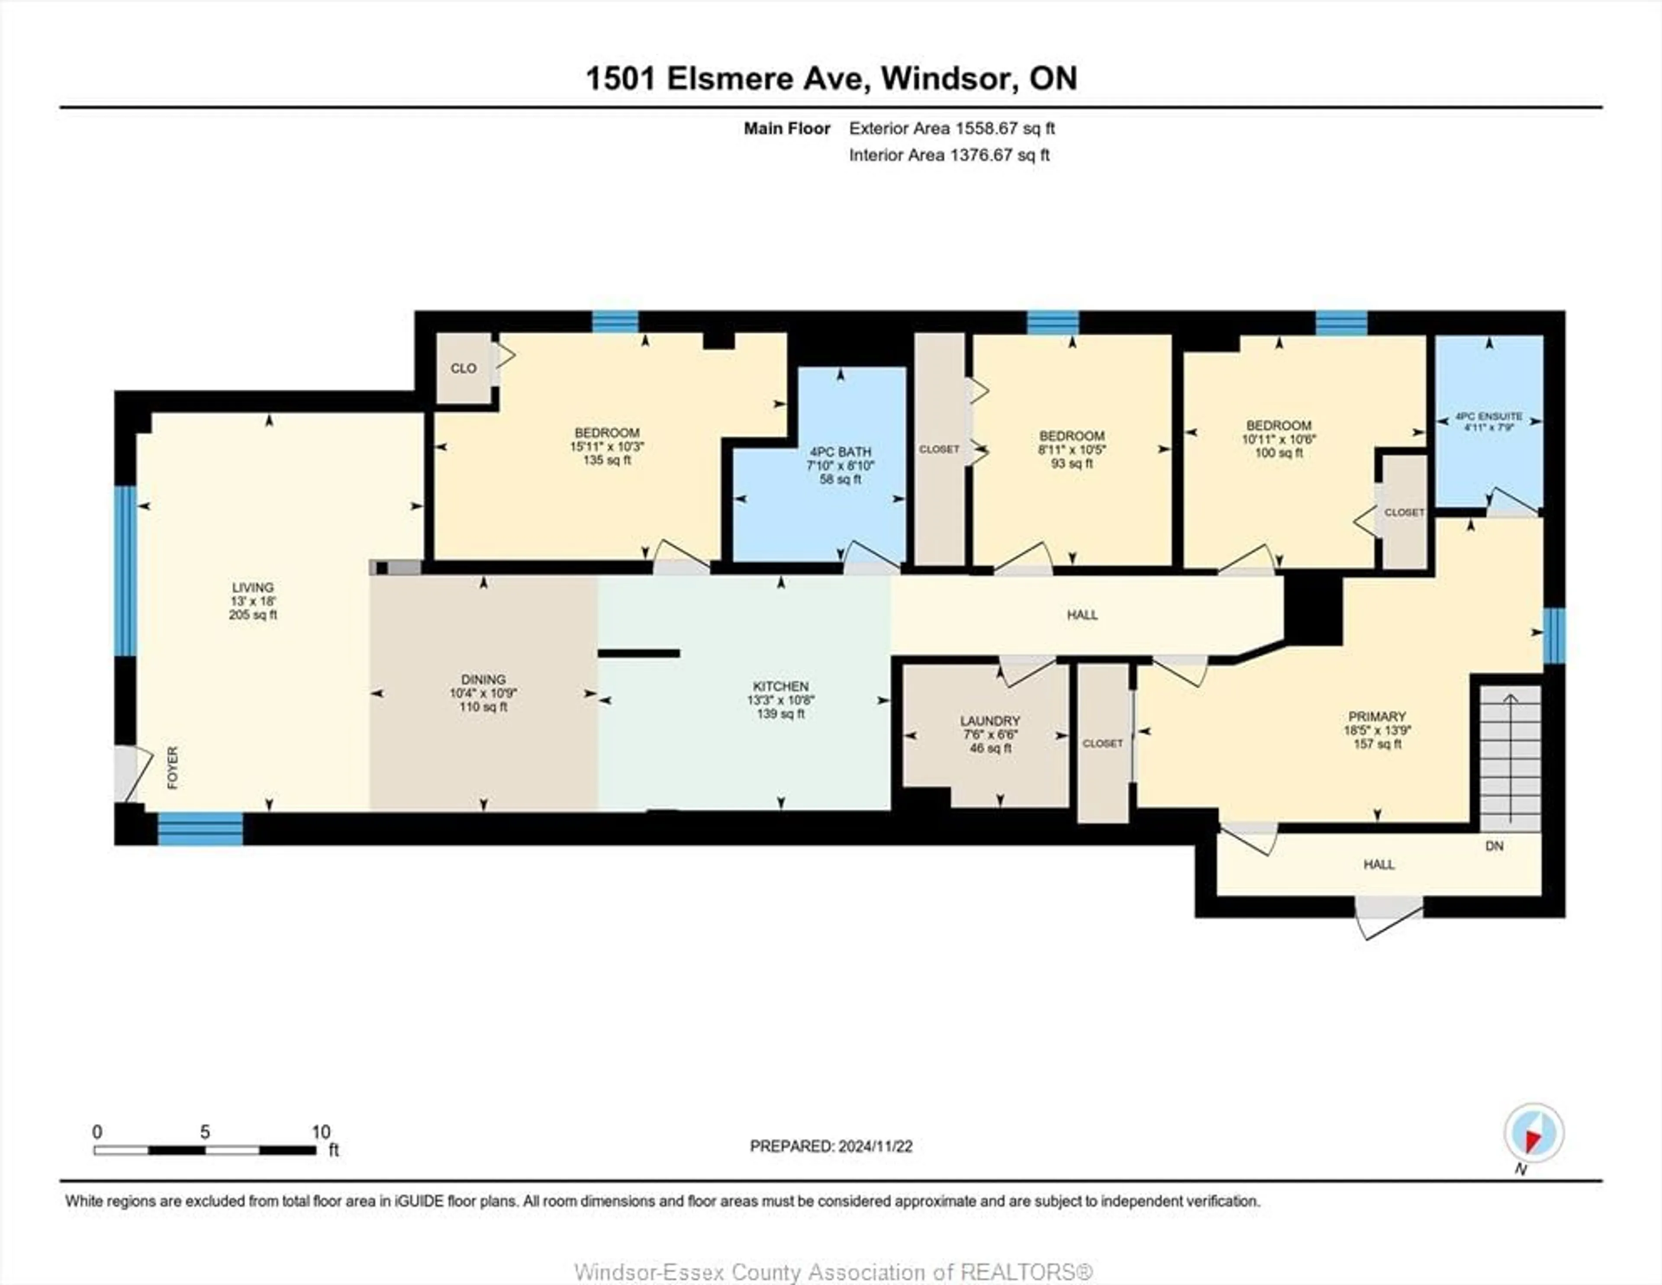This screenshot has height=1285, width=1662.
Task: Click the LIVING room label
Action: (253, 588)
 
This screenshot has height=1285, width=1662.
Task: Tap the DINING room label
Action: (483, 679)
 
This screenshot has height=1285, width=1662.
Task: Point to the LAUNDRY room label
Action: (989, 720)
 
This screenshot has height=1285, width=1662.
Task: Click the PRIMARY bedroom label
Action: (1377, 716)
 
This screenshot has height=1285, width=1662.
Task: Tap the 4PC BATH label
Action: (840, 452)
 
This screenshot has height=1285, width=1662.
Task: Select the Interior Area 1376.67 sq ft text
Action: (949, 155)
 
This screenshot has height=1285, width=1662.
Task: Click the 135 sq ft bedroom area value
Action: (606, 460)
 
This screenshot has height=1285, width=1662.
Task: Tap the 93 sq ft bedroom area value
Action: (1072, 463)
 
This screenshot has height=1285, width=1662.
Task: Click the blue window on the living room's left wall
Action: (125, 571)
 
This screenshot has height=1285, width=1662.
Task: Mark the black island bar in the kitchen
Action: (638, 653)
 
